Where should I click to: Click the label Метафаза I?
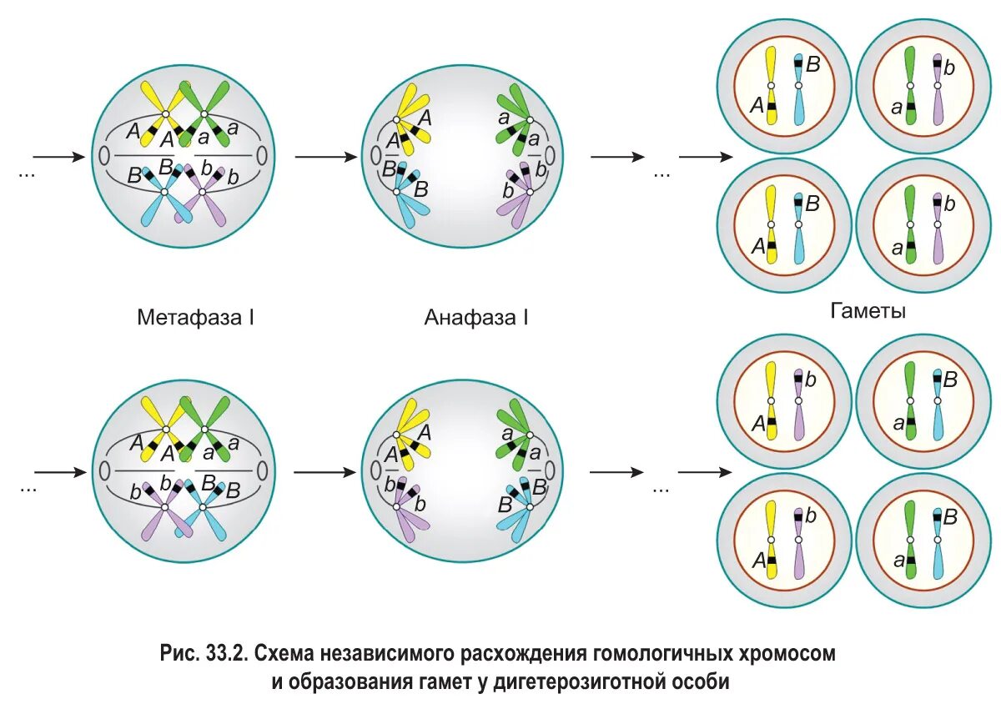click(195, 318)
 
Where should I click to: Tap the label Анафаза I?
click(476, 318)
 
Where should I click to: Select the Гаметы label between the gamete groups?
click(868, 311)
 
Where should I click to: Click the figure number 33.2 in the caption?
click(223, 654)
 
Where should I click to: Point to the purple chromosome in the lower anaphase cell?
click(410, 509)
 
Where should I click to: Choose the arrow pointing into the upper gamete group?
click(706, 156)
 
